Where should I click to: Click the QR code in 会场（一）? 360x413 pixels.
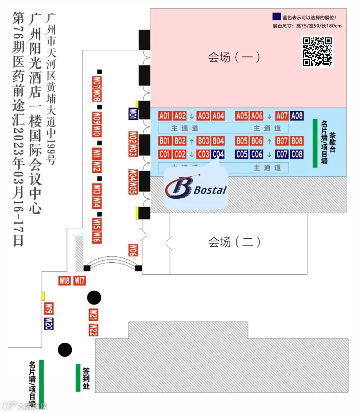[317, 52]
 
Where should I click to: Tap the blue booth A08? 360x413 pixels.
[297, 116]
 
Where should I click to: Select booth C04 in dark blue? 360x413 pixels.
[218, 154]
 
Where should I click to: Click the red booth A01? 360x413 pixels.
[165, 116]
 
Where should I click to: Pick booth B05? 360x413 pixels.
[242, 141]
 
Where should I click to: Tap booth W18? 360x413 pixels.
[64, 281]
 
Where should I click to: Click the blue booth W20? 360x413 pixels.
[49, 323]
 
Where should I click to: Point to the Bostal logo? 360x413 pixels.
[196, 188]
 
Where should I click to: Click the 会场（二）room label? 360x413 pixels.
[234, 242]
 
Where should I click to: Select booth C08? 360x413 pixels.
[297, 154]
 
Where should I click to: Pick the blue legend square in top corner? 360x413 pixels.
[276, 17]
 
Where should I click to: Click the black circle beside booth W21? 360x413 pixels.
[94, 297]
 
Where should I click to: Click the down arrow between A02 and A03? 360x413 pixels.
[192, 116]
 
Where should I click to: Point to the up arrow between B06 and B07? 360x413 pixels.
[269, 141]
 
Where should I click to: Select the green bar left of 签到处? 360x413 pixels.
[78, 378]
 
